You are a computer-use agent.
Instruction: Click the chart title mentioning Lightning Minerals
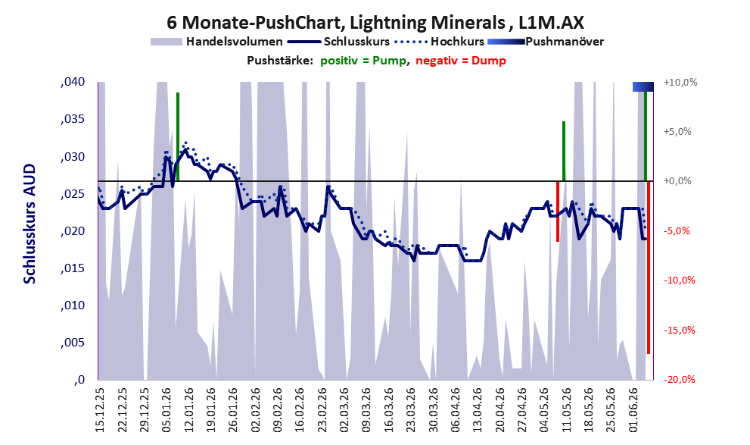pos(375,23)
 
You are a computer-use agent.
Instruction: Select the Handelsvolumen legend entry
pos(216,42)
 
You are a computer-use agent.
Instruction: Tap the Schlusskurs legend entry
pos(338,42)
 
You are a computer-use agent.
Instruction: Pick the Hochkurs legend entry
pos(439,42)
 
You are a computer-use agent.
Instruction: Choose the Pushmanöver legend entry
pos(546,42)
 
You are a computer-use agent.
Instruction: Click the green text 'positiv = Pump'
pos(363,61)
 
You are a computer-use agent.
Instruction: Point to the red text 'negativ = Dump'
pos(461,61)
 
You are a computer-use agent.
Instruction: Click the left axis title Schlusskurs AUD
pos(30,224)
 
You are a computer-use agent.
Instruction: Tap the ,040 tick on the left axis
pos(73,82)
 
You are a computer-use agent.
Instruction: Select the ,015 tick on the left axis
pos(73,268)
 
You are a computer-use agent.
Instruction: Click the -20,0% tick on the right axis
pos(679,379)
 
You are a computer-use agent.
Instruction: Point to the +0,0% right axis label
pos(677,181)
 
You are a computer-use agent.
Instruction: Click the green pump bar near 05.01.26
pos(177,136)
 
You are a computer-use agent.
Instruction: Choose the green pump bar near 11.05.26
pos(564,152)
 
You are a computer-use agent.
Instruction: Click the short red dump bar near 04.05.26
pos(558,212)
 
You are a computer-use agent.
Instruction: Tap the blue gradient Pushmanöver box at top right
pos(643,86)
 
